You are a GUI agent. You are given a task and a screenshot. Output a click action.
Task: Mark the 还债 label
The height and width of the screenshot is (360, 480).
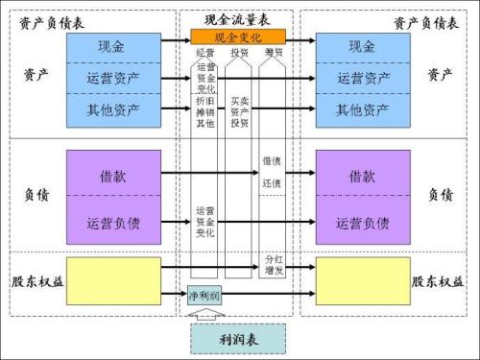[x=272, y=183]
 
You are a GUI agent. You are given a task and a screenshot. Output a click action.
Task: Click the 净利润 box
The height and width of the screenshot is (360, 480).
[x=204, y=297]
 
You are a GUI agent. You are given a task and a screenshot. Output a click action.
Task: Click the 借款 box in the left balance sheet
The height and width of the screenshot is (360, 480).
[x=113, y=177]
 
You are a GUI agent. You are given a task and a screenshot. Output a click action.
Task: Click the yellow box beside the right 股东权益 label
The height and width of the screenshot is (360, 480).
[x=362, y=281]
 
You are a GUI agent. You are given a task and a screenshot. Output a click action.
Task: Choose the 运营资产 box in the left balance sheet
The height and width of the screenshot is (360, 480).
[x=113, y=78]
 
